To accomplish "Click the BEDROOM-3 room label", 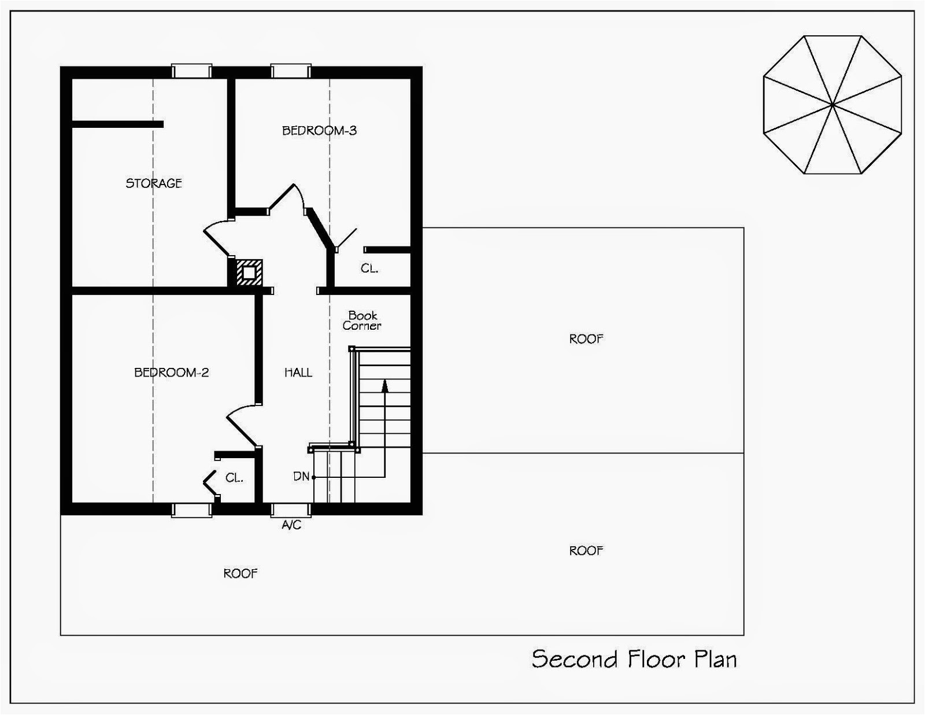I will [x=319, y=131].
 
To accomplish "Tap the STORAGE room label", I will [x=154, y=183].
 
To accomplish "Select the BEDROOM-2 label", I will [x=171, y=373].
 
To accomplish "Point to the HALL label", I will [x=298, y=373].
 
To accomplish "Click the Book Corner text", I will [x=362, y=320].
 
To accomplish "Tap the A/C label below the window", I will [x=291, y=525].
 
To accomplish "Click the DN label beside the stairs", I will [x=301, y=477].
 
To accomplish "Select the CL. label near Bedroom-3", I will [x=369, y=268].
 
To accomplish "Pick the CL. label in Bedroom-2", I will [x=234, y=478].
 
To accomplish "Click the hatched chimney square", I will [x=249, y=272].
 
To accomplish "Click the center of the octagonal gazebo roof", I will [x=832, y=105].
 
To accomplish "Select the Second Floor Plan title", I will [x=634, y=659].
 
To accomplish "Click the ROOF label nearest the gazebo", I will [x=586, y=339].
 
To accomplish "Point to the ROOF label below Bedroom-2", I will [x=240, y=573].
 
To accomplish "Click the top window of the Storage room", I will [x=191, y=71].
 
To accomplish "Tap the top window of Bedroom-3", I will [x=291, y=71].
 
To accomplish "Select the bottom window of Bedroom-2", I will [x=191, y=510].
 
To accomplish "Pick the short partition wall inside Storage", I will [x=117, y=124].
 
